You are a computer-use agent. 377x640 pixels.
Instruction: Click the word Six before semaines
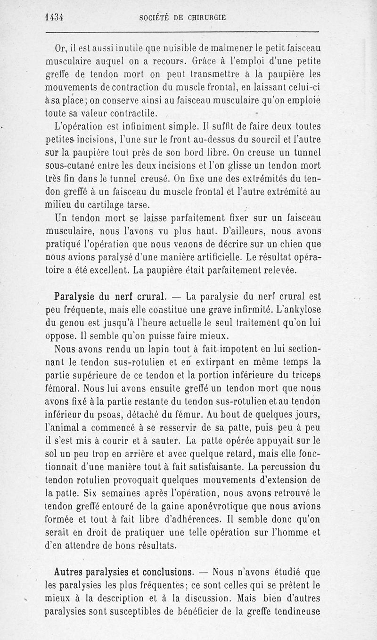point(75,494)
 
